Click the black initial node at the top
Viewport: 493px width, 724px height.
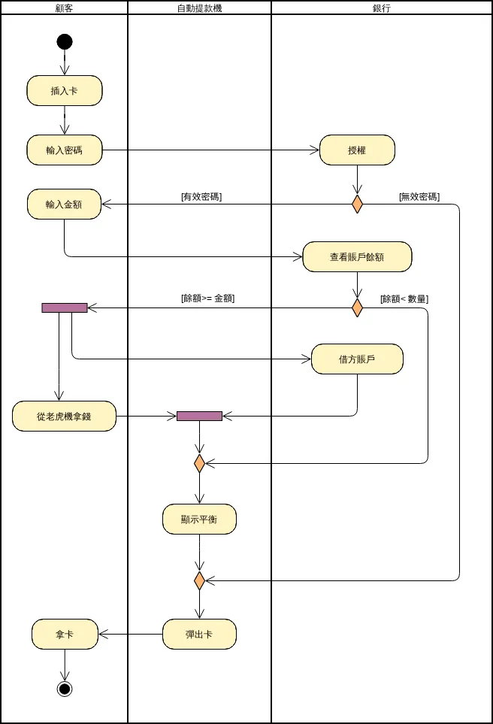(x=65, y=41)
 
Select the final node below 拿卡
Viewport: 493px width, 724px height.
(x=65, y=689)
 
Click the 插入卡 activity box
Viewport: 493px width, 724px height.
(x=65, y=91)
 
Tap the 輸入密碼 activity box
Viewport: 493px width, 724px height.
(x=65, y=150)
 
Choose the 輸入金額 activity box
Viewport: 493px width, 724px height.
(x=65, y=204)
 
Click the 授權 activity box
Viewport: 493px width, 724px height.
(x=357, y=150)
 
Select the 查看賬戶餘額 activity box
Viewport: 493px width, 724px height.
(x=357, y=256)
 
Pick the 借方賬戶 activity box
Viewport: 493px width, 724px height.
(x=357, y=359)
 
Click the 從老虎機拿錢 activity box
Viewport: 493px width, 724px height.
(x=65, y=417)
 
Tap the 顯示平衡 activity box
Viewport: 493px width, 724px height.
(x=199, y=520)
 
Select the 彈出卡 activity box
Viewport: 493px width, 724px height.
(x=199, y=635)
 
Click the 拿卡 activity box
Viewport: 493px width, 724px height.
(x=65, y=635)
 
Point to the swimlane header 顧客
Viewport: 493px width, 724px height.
(x=65, y=8)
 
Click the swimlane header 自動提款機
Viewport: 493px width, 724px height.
(x=199, y=8)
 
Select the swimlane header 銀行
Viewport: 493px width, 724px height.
(x=381, y=8)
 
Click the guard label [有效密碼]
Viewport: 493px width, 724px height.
(x=201, y=197)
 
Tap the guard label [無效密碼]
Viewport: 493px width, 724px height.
(x=419, y=197)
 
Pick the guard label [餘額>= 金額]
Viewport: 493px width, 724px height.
(x=208, y=298)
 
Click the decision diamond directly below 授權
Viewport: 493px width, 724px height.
(x=357, y=204)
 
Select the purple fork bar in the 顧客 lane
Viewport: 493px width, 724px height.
(x=65, y=307)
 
